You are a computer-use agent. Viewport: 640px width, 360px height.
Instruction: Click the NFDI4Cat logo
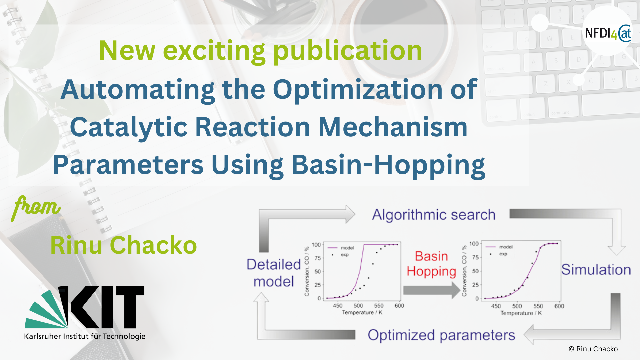(608, 33)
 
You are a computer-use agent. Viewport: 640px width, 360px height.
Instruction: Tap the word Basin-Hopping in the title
(388, 166)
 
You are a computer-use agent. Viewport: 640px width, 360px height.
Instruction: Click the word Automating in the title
(138, 90)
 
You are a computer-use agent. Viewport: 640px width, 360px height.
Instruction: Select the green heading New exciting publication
(261, 51)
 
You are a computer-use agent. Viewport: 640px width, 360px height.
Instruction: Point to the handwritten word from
(36, 207)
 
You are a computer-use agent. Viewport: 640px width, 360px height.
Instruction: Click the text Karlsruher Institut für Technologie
(85, 336)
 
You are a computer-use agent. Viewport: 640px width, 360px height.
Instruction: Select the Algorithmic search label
(434, 215)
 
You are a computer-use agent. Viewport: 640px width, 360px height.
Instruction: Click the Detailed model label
(274, 273)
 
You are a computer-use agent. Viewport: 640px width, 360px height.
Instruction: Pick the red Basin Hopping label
(431, 264)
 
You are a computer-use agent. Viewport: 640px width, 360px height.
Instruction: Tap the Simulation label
(596, 270)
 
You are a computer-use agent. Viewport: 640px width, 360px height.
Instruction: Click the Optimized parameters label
(441, 335)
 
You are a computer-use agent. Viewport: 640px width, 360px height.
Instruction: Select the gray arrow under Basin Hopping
(432, 290)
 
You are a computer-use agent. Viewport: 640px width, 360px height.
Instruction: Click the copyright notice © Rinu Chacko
(593, 349)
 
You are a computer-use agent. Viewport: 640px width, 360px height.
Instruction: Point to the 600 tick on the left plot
(399, 306)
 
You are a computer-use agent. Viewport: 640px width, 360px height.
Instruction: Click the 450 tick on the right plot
(496, 306)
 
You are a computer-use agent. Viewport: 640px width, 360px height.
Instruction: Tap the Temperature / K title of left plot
(362, 313)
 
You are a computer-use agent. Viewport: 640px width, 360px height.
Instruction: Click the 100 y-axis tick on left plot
(316, 245)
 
